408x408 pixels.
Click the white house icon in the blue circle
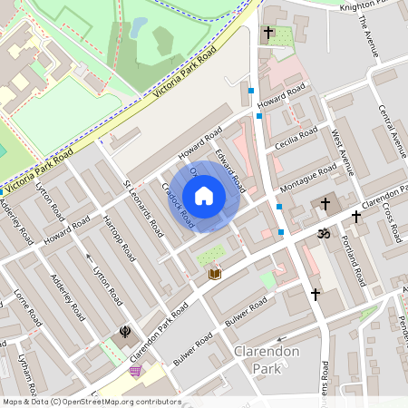point(204,196)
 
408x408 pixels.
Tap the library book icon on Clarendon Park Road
point(215,273)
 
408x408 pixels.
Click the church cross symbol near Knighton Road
point(267,33)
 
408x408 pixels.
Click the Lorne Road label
point(27,308)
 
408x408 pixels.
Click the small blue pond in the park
point(138,28)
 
